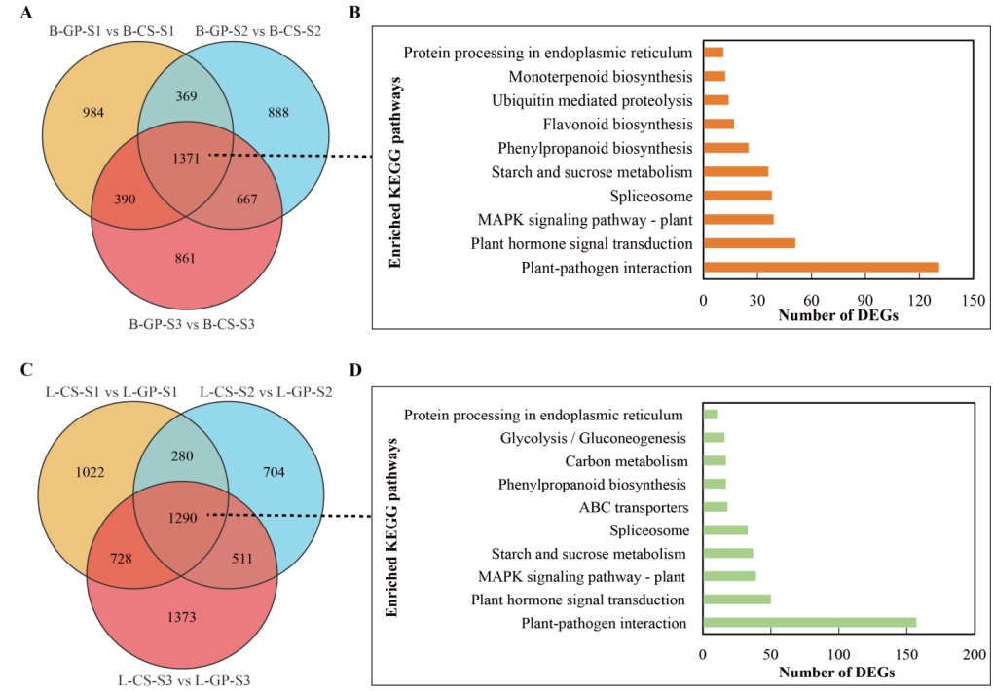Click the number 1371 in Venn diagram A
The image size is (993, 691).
[188, 157]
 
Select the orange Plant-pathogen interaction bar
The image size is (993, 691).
[821, 267]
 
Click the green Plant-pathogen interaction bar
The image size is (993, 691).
[809, 623]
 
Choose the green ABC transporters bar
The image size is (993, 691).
[715, 507]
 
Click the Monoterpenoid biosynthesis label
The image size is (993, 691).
[601, 76]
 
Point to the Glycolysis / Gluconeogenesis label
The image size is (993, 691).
[594, 438]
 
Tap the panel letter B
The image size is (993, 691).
[355, 13]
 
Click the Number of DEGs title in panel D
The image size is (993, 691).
[836, 673]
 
